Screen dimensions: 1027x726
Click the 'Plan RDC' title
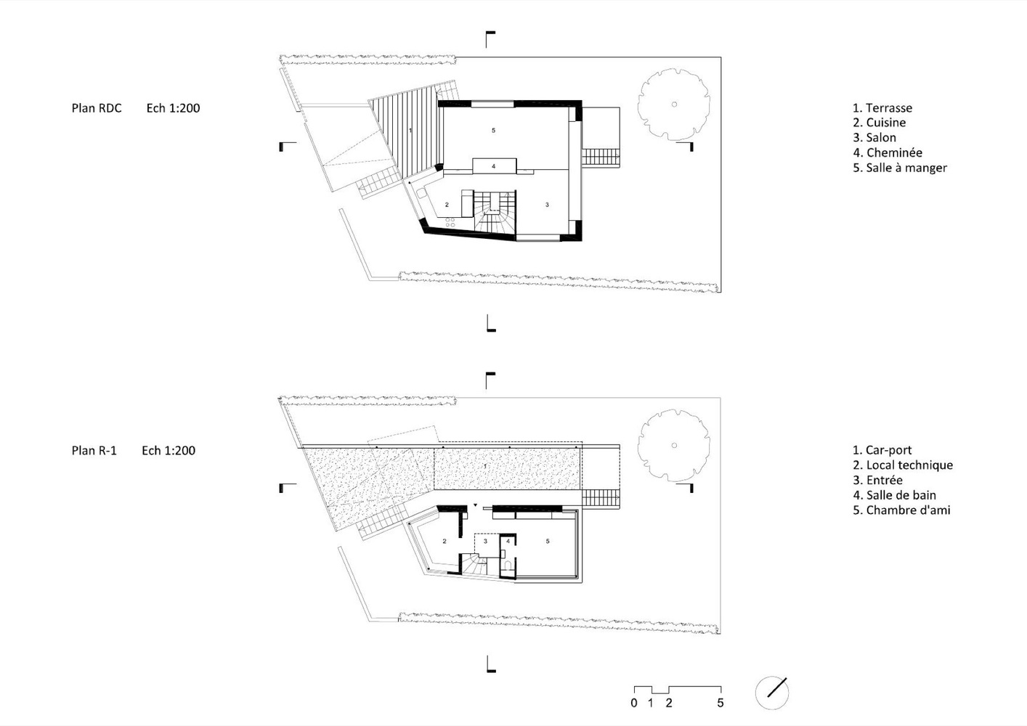click(x=97, y=108)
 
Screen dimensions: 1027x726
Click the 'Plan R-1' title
click(x=94, y=451)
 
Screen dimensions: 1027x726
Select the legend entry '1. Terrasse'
click(x=882, y=108)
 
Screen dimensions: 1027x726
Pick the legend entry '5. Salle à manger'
click(x=900, y=168)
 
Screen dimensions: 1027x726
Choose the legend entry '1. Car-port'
click(x=882, y=450)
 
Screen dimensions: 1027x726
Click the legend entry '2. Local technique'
click(x=902, y=465)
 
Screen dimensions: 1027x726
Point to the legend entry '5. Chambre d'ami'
click(x=901, y=510)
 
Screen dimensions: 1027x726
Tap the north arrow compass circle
click(x=772, y=693)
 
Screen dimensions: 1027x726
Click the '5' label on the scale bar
click(x=720, y=703)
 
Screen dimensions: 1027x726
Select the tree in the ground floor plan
click(x=674, y=104)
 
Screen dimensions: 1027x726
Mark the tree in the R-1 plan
click(x=674, y=445)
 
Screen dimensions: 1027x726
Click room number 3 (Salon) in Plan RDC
click(x=547, y=205)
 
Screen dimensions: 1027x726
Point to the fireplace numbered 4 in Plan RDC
click(x=494, y=166)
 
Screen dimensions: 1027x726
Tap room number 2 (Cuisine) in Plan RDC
click(x=447, y=205)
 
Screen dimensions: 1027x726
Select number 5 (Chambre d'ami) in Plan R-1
click(x=548, y=542)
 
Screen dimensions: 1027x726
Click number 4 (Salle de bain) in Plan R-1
click(x=508, y=542)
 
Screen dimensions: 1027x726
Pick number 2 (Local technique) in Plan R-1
click(x=445, y=542)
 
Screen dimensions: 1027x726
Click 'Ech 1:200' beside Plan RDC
click(x=174, y=108)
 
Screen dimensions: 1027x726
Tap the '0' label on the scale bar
click(x=633, y=703)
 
